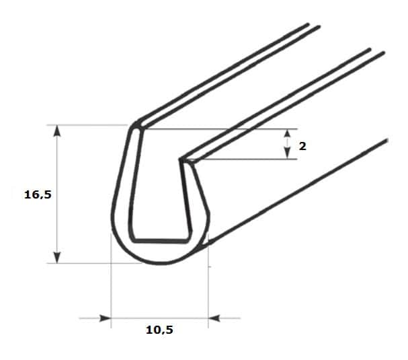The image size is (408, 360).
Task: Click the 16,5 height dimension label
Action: coord(38,194)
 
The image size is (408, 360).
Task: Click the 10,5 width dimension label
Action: coord(159,330)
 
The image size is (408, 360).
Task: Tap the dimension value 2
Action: coord(302,147)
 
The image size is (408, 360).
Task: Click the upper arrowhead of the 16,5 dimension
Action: coord(57,131)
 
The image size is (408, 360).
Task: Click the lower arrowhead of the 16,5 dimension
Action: coord(57,257)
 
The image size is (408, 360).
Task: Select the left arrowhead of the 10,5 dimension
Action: coord(106,318)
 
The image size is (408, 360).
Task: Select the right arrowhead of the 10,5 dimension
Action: coord(214,318)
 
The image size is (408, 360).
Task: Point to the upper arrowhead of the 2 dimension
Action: coord(287,133)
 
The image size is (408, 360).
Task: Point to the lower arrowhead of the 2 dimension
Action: coord(287,154)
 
